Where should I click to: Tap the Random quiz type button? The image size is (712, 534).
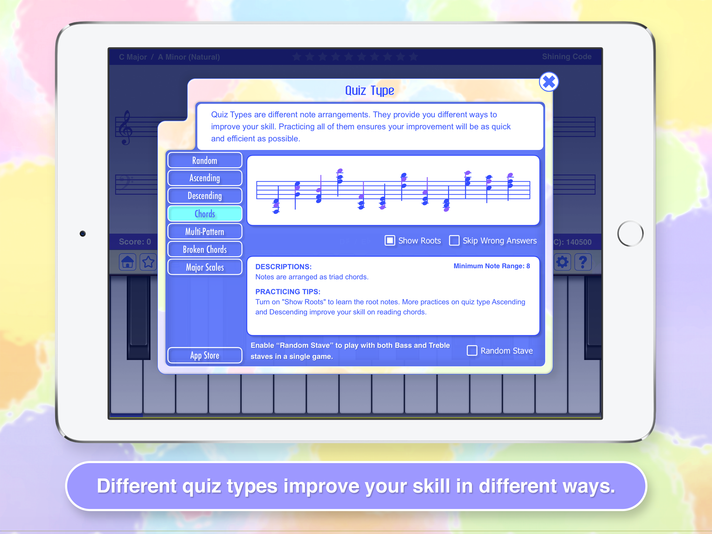[x=205, y=160]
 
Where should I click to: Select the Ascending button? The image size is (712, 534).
[x=205, y=178]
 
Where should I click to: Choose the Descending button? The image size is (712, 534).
[x=205, y=196]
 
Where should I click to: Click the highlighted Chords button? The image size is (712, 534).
[x=205, y=214]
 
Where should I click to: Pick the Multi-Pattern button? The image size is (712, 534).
[x=205, y=232]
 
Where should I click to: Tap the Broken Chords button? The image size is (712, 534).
[x=205, y=249]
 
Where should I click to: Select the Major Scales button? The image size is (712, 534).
[x=205, y=267]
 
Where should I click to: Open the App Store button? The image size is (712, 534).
[x=205, y=355]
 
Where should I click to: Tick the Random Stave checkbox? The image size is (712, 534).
[x=472, y=350]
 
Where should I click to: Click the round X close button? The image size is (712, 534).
[x=549, y=82]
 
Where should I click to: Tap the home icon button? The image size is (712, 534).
[x=128, y=262]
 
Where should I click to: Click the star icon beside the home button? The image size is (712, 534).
[x=148, y=262]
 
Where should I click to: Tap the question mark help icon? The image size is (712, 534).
[x=582, y=262]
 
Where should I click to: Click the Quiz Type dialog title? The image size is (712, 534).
[x=370, y=90]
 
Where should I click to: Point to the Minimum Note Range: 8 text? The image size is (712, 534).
[x=492, y=266]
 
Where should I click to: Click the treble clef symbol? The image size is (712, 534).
[x=125, y=128]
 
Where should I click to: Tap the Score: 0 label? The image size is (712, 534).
[x=135, y=241]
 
